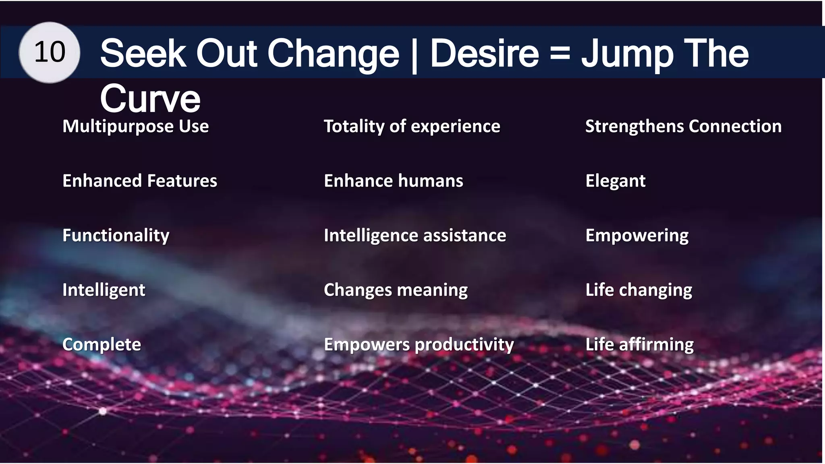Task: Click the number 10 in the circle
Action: (x=50, y=52)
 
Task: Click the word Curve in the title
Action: (x=150, y=99)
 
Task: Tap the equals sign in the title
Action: (x=560, y=53)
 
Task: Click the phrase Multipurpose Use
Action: (x=136, y=126)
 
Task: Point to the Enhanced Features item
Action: (x=140, y=181)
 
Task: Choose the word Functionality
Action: (x=116, y=236)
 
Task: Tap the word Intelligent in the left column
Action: (x=104, y=290)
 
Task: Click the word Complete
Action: (x=102, y=345)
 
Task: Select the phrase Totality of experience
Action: (x=412, y=126)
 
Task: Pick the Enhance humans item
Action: (x=393, y=181)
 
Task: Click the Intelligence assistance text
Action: (x=415, y=236)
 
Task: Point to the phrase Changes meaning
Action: (x=396, y=290)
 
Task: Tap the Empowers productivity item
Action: (x=419, y=345)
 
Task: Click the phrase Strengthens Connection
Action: (x=683, y=126)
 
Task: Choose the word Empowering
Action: (x=637, y=236)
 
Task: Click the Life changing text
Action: (x=638, y=290)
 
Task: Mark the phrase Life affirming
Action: (x=639, y=345)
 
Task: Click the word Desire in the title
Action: (x=484, y=53)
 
